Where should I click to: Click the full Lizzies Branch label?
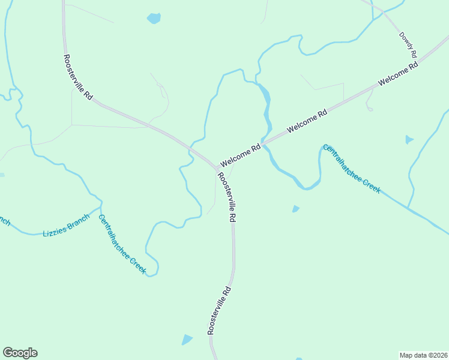pyautogui.click(x=65, y=224)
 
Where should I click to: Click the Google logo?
pyautogui.click(x=20, y=353)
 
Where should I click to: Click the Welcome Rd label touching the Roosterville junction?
pyautogui.click(x=240, y=155)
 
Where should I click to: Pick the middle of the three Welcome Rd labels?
pyautogui.click(x=307, y=121)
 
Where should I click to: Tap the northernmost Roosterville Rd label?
pyautogui.click(x=78, y=77)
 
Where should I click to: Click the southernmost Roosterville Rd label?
pyautogui.click(x=219, y=310)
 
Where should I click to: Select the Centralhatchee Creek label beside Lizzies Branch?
pyautogui.click(x=122, y=245)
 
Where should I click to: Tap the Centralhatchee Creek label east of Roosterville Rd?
pyautogui.click(x=351, y=169)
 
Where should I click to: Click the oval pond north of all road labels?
pyautogui.click(x=154, y=19)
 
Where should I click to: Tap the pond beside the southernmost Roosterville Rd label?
pyautogui.click(x=187, y=340)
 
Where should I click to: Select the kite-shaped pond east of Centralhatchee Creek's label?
pyautogui.click(x=409, y=140)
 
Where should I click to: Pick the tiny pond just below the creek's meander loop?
pyautogui.click(x=295, y=209)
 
